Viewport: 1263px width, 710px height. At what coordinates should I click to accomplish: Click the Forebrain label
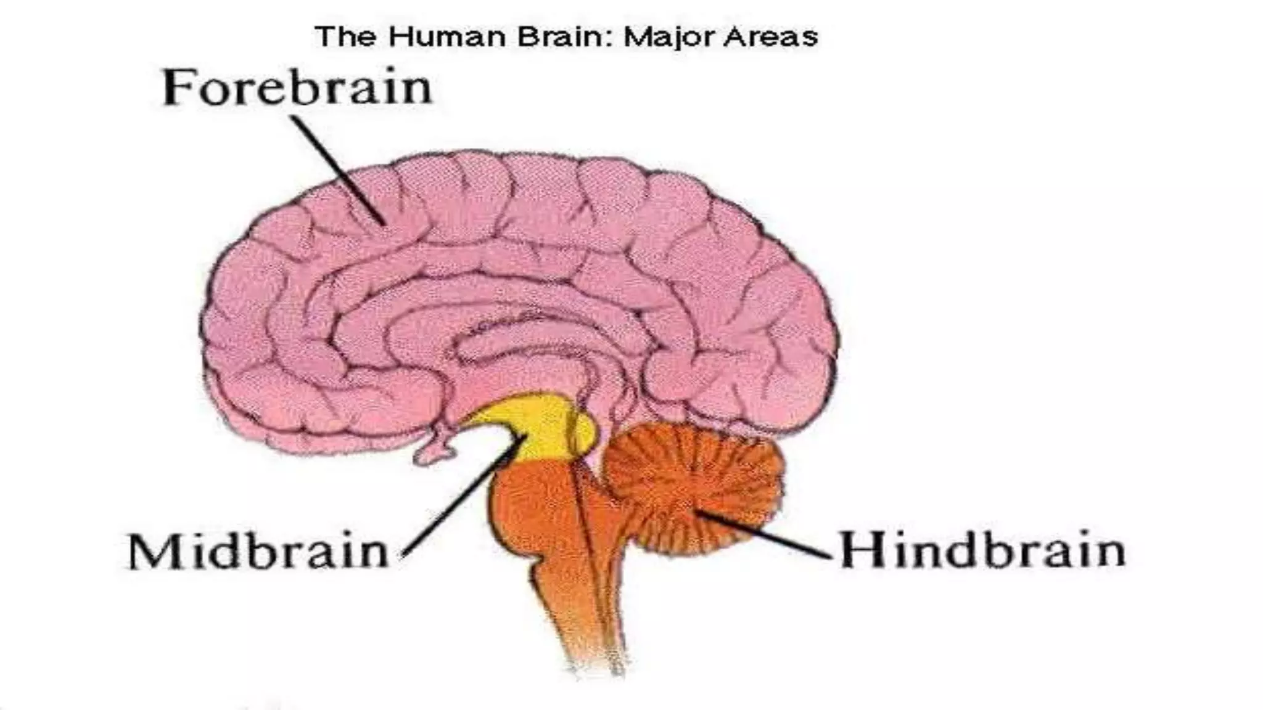[x=297, y=88]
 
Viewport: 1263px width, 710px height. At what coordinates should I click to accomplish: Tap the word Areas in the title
[x=770, y=37]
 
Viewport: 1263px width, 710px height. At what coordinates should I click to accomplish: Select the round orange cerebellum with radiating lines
[x=691, y=487]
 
